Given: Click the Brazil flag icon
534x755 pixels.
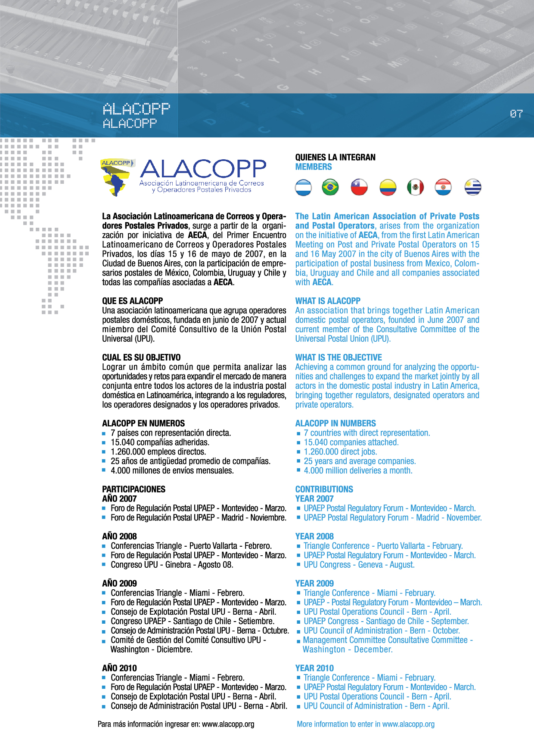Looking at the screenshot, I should pyautogui.click(x=330, y=187).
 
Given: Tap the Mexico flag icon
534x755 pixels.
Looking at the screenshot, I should pyautogui.click(x=416, y=187).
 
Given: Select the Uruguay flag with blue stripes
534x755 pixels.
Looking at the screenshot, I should pyautogui.click(x=473, y=187).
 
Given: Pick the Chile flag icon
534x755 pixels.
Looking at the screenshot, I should pyautogui.click(x=359, y=187).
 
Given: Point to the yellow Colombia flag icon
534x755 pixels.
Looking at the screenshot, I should pyautogui.click(x=388, y=187).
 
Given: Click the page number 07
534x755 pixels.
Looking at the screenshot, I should pyautogui.click(x=516, y=114).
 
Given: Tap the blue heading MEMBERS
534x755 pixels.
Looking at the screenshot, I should pyautogui.click(x=314, y=167).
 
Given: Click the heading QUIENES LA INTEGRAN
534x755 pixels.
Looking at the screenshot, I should pyautogui.click(x=335, y=158).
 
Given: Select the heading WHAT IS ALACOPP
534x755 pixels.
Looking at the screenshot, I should pyautogui.click(x=328, y=301).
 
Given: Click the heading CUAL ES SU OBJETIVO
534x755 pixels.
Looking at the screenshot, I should pyautogui.click(x=141, y=357).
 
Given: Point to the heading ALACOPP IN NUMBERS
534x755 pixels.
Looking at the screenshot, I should pyautogui.click(x=335, y=423).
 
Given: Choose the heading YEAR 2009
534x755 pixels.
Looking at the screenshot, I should pyautogui.click(x=314, y=583).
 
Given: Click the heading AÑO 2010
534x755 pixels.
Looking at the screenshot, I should pyautogui.click(x=119, y=668).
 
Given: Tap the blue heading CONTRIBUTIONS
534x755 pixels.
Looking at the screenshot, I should pyautogui.click(x=324, y=489).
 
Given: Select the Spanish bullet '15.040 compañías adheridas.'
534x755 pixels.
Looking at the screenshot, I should pyautogui.click(x=160, y=442).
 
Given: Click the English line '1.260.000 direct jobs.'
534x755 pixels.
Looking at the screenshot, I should pyautogui.click(x=340, y=452).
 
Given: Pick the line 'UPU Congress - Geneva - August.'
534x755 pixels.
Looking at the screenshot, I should pyautogui.click(x=359, y=565).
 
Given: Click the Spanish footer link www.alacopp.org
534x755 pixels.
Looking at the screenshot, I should pyautogui.click(x=228, y=724).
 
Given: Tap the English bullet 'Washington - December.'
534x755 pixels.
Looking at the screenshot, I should pyautogui.click(x=348, y=650).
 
